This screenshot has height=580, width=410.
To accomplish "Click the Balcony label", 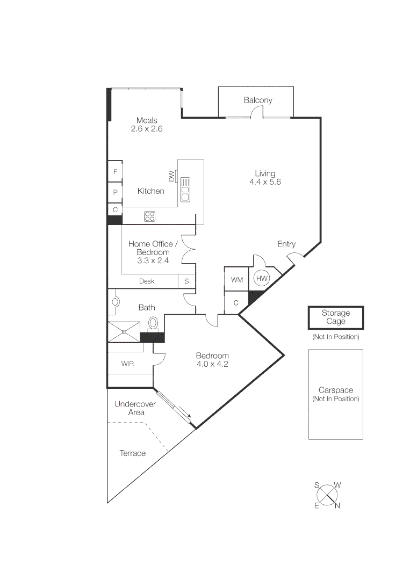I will pos(258,100).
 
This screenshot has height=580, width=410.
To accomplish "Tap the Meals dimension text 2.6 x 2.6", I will pos(147,129).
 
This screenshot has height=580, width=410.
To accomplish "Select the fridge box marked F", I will pos(115,172).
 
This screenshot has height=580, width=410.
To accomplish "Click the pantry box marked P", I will pos(115,192).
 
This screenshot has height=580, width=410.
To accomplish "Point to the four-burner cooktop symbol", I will pos(149,216).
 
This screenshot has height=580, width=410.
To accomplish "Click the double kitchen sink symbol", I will pos(185,189).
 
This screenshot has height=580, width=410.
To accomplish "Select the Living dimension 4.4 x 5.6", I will pos(265,182).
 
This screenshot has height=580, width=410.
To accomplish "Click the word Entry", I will pos(286,244).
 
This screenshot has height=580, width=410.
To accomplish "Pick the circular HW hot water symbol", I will pos(262,279).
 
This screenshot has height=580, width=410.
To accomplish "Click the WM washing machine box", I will pos(236,280).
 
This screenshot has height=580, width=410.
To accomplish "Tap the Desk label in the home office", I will pos(147,281).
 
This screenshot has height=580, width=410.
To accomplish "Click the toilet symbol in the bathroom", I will pos(153,324).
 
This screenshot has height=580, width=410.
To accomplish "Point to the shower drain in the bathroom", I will pos(124,331).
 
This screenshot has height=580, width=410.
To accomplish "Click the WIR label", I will pos(127,364).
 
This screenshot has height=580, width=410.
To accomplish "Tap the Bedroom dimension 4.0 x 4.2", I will pos(212,364).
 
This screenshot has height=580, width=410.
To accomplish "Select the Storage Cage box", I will pos(335,317).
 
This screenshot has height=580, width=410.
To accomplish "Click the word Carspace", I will pos(335,390).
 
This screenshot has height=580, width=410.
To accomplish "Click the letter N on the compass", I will pos(337,505).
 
